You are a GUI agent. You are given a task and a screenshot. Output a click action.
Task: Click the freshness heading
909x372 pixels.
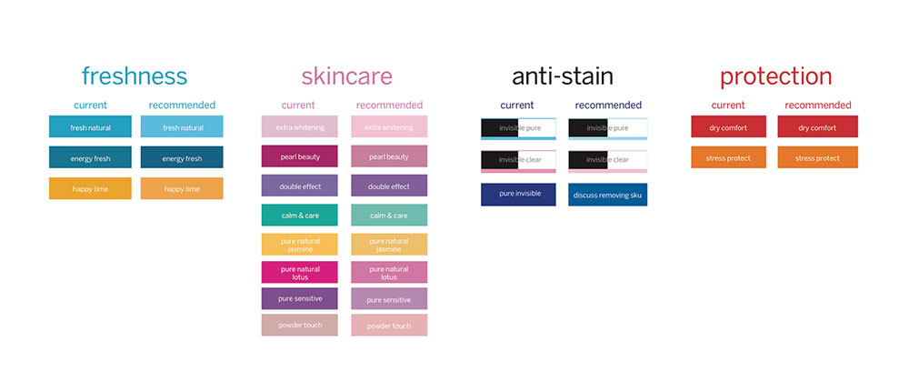point(134,76)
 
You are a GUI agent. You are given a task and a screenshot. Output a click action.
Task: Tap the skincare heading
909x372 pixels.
point(346,76)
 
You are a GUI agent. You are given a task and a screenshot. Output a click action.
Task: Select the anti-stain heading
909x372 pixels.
point(562,76)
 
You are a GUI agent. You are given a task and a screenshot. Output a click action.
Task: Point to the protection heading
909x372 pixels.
point(775,77)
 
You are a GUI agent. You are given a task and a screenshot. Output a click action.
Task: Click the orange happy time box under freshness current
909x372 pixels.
point(90,188)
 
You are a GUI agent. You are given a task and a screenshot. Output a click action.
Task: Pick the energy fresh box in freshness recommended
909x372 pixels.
point(182,157)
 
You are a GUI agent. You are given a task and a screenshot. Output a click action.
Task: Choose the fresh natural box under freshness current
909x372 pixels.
point(90,126)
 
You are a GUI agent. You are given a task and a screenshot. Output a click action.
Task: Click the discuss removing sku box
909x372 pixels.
point(607,195)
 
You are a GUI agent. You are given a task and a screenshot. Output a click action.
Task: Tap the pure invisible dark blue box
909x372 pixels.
point(518,195)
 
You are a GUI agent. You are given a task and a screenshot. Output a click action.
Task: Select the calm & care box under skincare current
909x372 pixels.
point(300,216)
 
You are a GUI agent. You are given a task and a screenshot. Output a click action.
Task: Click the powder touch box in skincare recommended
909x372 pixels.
point(389,325)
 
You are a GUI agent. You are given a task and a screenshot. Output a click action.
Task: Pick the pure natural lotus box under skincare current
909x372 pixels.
point(300,272)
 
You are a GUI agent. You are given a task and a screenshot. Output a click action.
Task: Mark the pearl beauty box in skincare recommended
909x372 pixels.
point(389,156)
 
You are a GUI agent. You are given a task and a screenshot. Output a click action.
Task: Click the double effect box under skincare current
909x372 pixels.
point(300,186)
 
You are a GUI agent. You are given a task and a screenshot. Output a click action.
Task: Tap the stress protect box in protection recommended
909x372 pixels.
point(817,158)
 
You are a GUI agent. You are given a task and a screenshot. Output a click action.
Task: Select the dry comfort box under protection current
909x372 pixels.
point(728,126)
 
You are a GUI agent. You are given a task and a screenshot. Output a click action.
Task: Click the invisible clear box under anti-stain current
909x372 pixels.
point(518,161)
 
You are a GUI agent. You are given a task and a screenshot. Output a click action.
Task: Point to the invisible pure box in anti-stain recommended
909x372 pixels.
point(607,129)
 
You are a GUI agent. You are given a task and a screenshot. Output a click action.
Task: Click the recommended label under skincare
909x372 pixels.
point(389,105)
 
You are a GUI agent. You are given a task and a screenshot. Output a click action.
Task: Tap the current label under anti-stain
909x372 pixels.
point(517,105)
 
